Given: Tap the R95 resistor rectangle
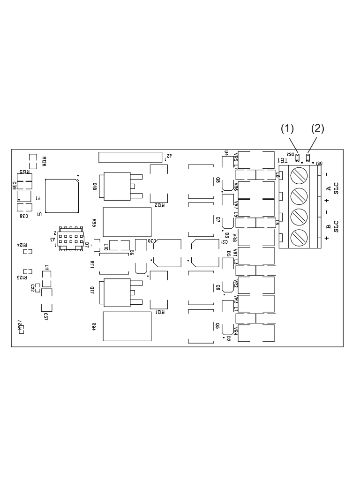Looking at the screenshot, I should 127,222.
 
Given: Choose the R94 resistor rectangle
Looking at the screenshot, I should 127,326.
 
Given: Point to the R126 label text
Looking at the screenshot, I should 44,161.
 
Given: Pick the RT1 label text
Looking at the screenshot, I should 93,266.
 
